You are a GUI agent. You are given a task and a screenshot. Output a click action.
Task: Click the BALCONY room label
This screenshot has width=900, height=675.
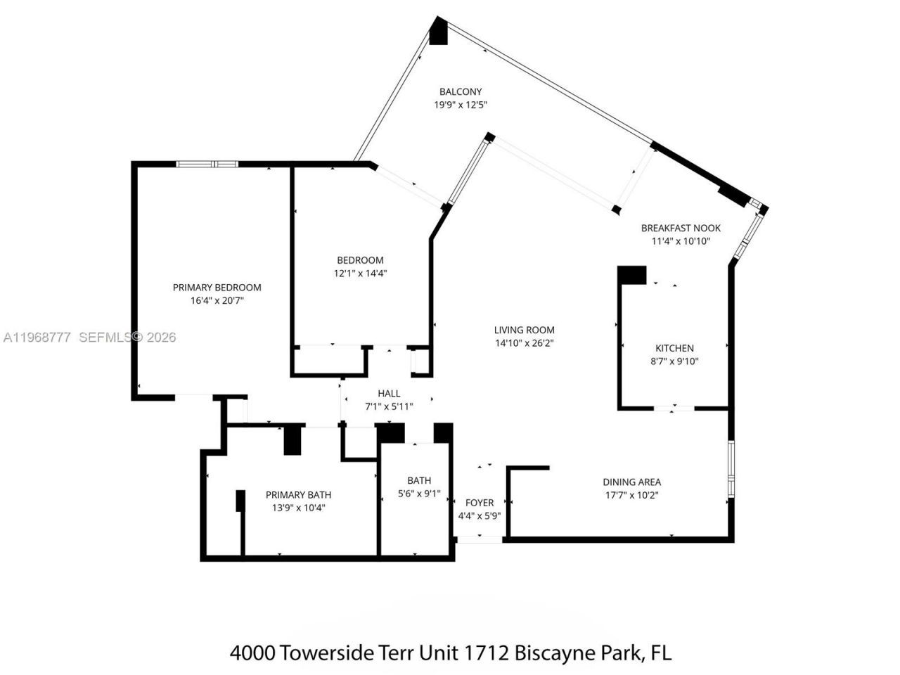point(461,91)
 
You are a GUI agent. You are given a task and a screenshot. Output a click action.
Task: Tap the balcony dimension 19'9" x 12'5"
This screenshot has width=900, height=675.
point(461,105)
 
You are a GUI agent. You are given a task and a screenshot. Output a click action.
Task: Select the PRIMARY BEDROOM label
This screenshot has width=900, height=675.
point(217,287)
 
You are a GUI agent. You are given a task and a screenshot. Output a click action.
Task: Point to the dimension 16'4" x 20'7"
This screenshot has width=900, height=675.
point(217,300)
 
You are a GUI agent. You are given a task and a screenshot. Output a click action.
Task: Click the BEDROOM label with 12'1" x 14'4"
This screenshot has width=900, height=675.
point(360,260)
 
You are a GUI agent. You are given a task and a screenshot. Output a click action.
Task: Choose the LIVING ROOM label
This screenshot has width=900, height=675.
point(524,330)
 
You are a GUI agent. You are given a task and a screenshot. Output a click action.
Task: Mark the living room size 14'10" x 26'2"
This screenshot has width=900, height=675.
point(524,343)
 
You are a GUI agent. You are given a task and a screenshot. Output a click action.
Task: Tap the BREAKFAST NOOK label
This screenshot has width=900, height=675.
point(681,228)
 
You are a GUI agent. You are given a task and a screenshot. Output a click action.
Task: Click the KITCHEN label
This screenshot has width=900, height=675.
point(674,348)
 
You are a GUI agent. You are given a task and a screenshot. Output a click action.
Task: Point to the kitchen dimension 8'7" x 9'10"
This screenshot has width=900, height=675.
point(674,361)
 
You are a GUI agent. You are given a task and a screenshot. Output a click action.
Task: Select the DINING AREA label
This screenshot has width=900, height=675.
point(631,482)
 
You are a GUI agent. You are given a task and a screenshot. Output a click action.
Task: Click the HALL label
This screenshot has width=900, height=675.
point(389,394)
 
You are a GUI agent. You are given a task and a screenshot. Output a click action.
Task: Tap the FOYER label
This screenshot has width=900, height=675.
point(480,503)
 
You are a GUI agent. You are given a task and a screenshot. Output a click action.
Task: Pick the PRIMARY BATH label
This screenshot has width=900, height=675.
point(298,494)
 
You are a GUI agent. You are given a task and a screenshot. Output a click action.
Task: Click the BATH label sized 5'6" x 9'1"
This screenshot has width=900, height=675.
point(419,480)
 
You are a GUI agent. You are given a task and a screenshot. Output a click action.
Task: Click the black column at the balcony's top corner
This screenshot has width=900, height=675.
point(439,32)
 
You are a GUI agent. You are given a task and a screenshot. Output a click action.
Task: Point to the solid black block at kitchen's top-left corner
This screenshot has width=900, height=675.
point(632,275)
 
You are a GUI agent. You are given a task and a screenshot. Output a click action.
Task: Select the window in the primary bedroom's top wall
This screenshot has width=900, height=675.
point(207,165)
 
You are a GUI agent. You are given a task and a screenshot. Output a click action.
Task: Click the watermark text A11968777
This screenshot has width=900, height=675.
point(37,337)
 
